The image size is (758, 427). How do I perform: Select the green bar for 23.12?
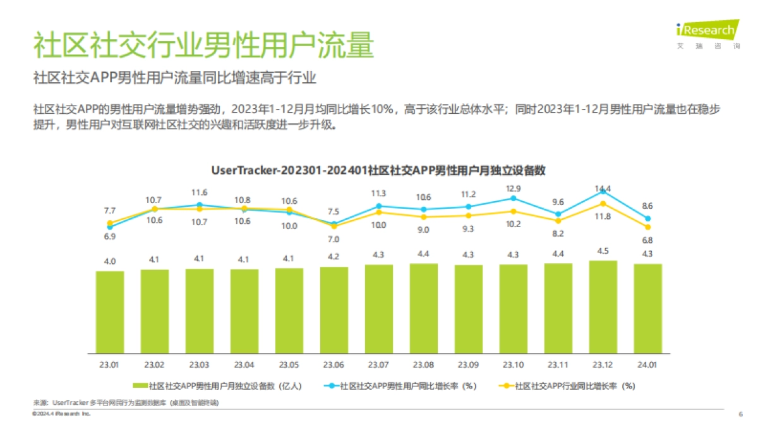(x=603, y=307)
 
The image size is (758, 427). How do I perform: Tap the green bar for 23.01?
(x=110, y=312)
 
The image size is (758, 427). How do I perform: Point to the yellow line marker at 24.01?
(x=648, y=227)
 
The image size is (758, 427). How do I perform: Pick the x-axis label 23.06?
(x=334, y=365)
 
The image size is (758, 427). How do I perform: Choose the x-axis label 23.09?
(x=468, y=365)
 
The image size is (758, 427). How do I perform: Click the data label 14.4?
(x=603, y=188)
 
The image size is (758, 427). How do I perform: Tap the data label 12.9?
(x=513, y=189)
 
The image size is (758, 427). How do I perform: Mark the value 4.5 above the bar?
(x=603, y=251)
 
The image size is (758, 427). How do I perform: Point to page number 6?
(x=740, y=414)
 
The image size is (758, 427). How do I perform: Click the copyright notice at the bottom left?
(x=61, y=414)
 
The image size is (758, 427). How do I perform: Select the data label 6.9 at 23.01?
(x=110, y=236)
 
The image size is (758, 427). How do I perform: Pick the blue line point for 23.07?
(x=378, y=206)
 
